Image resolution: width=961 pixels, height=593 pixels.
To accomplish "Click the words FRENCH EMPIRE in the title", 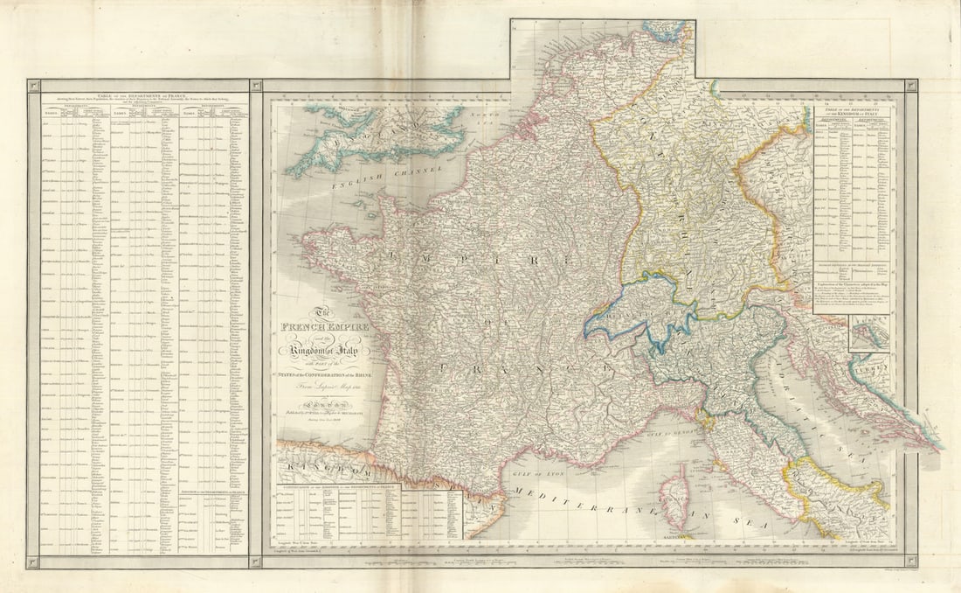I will [x=324, y=327].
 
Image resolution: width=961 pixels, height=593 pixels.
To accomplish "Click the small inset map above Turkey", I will [x=868, y=334].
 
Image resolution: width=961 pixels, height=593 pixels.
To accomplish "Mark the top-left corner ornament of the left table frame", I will [x=33, y=86].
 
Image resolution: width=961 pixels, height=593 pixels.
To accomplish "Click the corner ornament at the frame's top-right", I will [x=911, y=86].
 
